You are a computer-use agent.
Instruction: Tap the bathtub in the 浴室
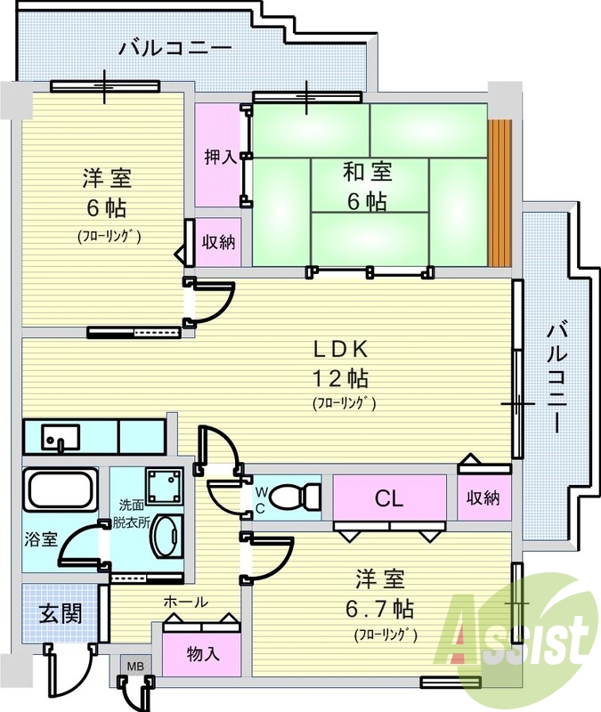(x=59, y=490)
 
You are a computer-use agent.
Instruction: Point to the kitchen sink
(x=61, y=437)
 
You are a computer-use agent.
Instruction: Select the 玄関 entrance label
(x=60, y=614)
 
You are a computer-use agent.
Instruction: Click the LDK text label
(x=339, y=348)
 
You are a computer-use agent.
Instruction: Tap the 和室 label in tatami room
(x=366, y=172)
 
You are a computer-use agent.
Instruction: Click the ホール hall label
(x=185, y=603)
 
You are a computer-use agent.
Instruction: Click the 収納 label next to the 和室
(x=218, y=240)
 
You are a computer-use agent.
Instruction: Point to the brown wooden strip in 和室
(x=499, y=192)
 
